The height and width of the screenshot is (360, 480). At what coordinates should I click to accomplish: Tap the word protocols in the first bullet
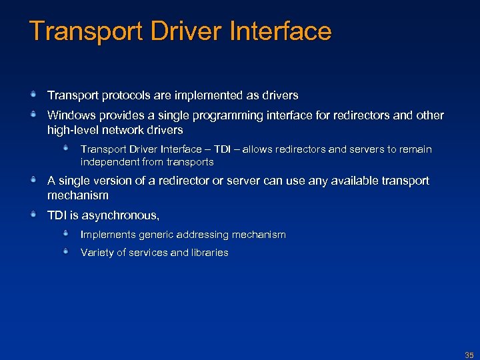[117, 95]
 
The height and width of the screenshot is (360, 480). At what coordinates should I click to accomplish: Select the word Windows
[70, 115]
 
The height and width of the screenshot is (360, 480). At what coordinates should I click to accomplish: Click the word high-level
[73, 130]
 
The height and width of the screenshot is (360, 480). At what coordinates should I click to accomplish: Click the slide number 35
[469, 355]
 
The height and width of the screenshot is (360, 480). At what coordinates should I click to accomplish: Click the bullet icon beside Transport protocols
[33, 95]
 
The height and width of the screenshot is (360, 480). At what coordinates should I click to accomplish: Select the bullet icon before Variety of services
[67, 251]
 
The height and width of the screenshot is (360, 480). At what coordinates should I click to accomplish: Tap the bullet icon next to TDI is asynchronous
[33, 215]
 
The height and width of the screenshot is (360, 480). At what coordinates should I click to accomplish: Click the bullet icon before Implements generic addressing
[67, 233]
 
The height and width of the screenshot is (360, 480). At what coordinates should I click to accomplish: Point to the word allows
[259, 149]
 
